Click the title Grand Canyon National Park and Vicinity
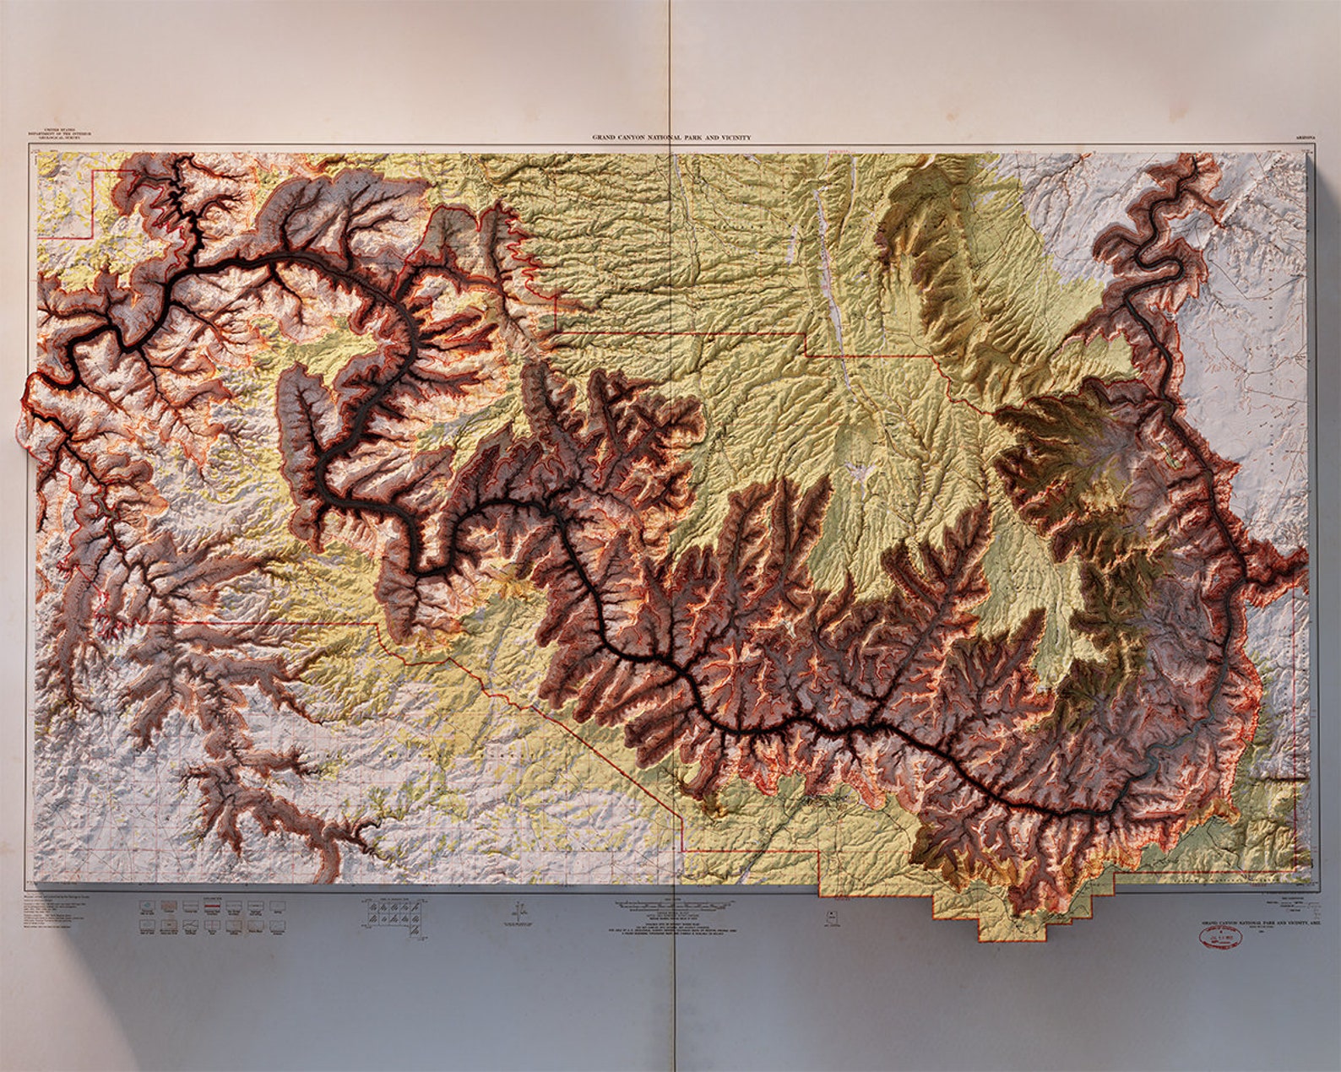tap(670, 137)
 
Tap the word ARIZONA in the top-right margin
tap(1304, 137)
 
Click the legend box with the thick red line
tap(212, 907)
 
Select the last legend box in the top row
tap(277, 907)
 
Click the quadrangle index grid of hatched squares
tap(391, 914)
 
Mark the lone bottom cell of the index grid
tap(413, 929)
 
